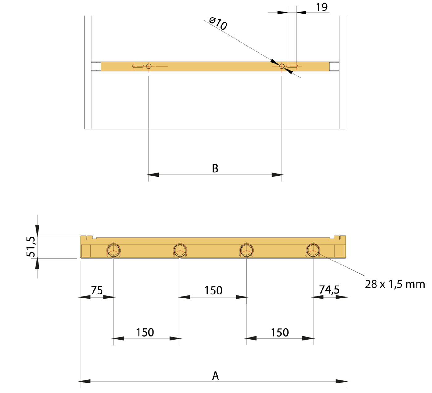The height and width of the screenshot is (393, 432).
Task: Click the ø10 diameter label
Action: pos(218,23)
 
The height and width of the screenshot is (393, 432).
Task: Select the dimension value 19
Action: pos(322,7)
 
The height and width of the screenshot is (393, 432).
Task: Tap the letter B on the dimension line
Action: pos(215,168)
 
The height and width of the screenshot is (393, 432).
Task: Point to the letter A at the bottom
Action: pos(215,376)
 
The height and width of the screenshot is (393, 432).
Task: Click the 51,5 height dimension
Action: pos(31,246)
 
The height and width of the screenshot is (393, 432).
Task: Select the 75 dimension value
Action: pos(97,290)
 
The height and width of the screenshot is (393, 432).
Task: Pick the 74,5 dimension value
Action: pos(329,290)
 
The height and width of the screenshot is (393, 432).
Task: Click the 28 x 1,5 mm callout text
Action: pos(395,284)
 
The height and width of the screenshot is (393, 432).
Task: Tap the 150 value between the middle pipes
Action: pos(213,290)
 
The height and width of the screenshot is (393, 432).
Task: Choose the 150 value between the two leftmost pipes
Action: pos(145,332)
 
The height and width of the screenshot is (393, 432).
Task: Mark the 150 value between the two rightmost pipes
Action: pos(280,332)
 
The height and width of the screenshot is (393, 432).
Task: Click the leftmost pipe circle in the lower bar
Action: pos(114,250)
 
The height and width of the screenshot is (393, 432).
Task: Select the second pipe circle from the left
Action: pos(180,250)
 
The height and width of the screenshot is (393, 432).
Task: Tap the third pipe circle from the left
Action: pos(246,250)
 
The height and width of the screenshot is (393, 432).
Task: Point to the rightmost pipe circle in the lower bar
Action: pos(313,250)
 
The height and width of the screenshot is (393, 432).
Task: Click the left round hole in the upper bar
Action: pos(149,66)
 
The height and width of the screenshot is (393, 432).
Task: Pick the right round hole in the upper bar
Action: pos(282,66)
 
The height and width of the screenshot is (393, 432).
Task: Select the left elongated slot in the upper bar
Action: pos(138,66)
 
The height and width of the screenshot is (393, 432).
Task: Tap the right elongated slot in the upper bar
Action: pos(292,66)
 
